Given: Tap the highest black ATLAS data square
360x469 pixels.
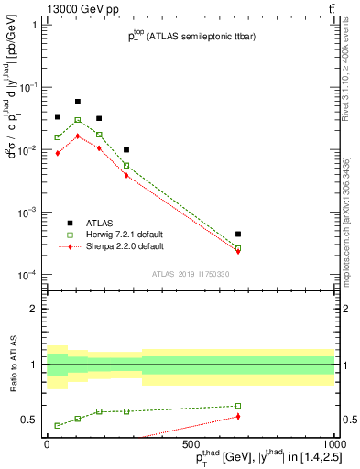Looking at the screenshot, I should click(78, 102).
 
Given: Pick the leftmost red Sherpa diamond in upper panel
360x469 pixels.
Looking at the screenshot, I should click(58, 153).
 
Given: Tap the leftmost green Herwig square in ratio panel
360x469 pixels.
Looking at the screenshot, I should click(58, 425).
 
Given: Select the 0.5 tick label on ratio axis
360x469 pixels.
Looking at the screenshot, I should click(30, 420).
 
